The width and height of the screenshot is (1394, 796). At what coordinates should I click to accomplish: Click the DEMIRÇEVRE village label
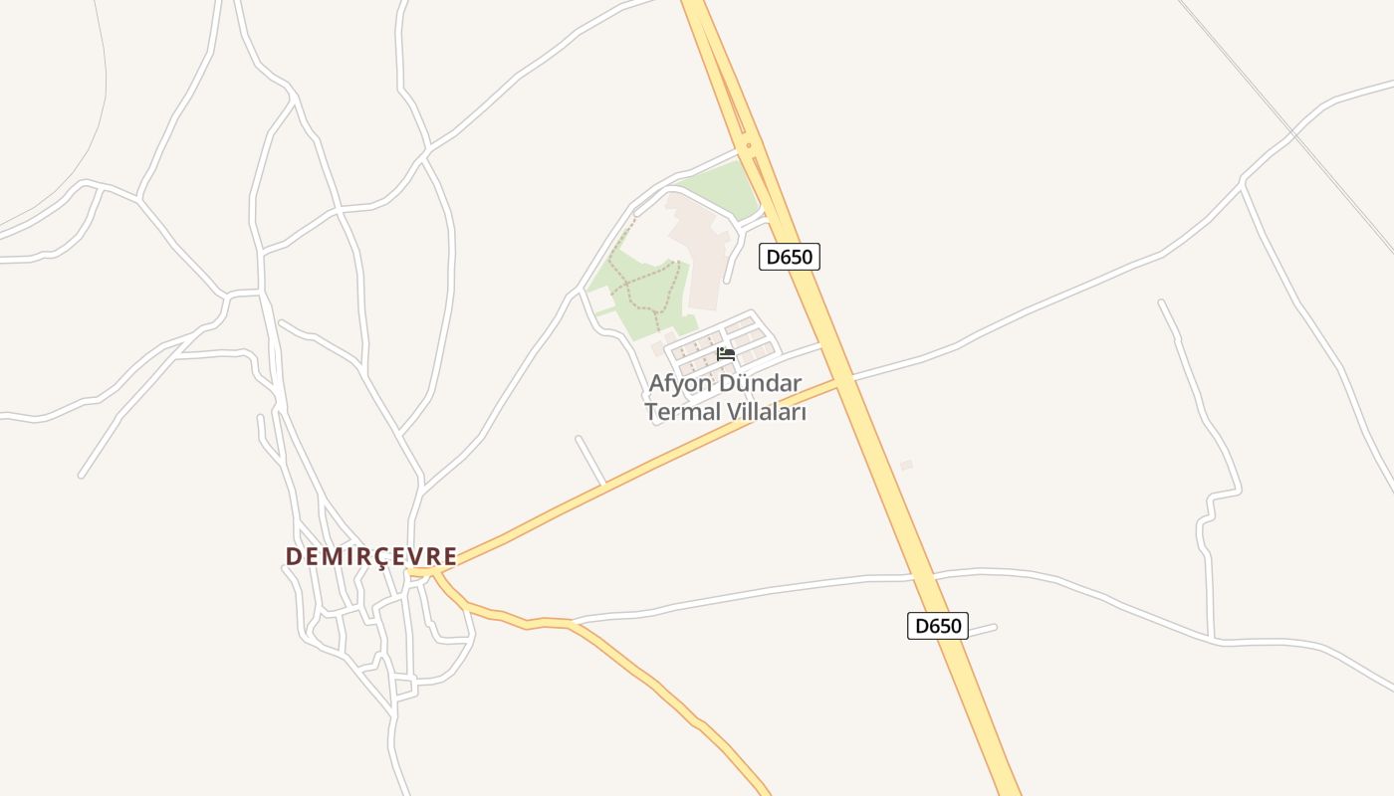tap(370, 556)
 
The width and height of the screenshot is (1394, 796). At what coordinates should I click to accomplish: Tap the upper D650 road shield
tap(789, 257)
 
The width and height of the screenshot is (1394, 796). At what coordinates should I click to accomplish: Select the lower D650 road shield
tap(937, 626)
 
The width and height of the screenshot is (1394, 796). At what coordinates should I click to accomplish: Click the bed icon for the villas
tap(725, 354)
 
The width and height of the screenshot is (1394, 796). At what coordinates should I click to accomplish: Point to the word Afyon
tap(678, 383)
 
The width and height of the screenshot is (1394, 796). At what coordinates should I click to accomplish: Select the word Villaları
tap(766, 412)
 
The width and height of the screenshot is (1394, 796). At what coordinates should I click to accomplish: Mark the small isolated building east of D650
tap(906, 465)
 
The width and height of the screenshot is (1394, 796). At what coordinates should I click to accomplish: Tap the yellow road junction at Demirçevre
tap(428, 572)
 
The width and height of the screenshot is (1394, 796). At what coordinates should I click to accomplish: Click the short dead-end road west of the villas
tap(589, 460)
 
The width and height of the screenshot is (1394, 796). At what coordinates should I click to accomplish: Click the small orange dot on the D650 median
tap(748, 145)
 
